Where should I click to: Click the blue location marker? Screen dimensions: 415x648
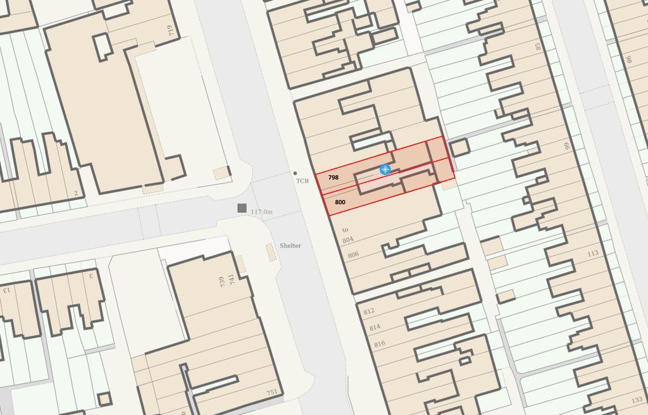tap(385, 170)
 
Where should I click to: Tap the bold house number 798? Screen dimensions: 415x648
tap(333, 178)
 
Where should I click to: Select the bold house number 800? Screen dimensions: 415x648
tap(340, 202)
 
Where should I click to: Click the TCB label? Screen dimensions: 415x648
tap(302, 182)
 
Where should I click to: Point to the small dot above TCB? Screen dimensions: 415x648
tap(295, 173)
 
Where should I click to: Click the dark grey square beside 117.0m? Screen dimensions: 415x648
tap(242, 208)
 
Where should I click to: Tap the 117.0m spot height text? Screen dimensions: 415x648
tap(261, 212)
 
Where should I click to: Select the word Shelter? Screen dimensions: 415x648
tap(290, 245)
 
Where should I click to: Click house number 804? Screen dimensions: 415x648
tap(348, 240)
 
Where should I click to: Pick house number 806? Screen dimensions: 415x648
tap(353, 255)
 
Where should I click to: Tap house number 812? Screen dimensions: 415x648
tap(369, 312)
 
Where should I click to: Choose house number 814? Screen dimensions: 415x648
tap(375, 328)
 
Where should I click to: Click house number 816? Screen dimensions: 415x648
tap(380, 344)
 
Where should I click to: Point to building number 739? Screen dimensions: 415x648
tap(222, 282)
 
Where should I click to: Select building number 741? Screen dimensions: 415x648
tap(231, 278)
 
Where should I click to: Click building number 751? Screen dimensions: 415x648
tap(271, 393)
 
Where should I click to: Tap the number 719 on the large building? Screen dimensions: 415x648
tap(170, 30)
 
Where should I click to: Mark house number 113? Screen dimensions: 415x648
tap(592, 254)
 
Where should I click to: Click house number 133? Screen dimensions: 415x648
tap(636, 400)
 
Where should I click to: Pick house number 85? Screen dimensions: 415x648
tap(539, 46)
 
